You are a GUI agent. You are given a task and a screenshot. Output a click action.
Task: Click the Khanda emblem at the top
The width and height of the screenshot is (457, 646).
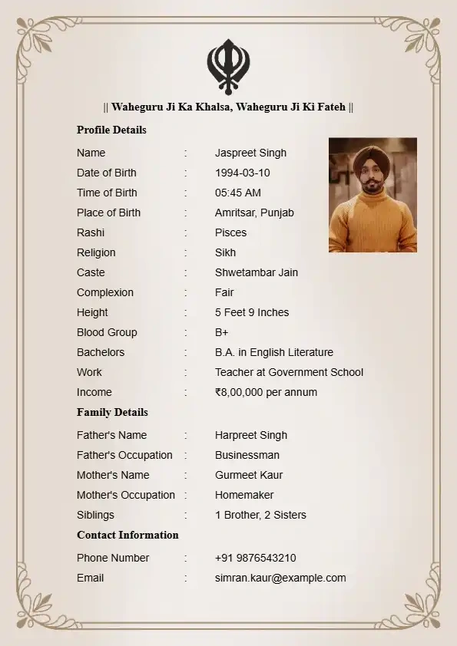click(x=228, y=66)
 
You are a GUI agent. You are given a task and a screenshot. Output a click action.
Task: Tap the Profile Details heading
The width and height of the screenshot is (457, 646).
click(x=111, y=130)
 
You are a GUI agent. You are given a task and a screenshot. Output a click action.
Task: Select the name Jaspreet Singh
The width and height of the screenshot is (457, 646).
click(x=250, y=153)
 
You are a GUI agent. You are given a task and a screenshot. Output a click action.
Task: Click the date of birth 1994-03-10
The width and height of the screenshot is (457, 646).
click(x=242, y=173)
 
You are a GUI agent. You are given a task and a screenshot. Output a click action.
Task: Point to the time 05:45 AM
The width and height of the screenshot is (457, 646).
click(x=237, y=193)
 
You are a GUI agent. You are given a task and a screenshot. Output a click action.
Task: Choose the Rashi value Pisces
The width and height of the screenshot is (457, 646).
click(x=230, y=232)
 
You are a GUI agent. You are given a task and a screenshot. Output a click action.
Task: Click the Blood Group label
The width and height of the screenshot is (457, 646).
click(x=107, y=332)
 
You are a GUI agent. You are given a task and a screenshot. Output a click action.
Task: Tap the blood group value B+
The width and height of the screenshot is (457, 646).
click(x=221, y=332)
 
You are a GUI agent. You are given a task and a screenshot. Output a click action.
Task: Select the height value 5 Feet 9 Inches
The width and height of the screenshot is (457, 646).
click(x=252, y=312)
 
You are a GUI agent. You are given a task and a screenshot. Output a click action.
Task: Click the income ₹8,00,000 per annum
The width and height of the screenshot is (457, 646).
click(x=266, y=392)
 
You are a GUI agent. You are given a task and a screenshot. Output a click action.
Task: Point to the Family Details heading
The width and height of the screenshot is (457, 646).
click(x=112, y=412)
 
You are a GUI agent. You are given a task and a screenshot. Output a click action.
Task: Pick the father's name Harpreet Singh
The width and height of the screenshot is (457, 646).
click(x=250, y=435)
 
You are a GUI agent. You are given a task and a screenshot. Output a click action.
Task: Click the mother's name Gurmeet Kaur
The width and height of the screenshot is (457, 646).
click(x=249, y=475)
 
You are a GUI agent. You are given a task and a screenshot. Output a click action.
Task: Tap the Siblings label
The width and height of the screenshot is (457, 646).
click(x=95, y=515)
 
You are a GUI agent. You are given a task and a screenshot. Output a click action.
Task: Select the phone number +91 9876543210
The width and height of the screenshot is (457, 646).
click(x=255, y=558)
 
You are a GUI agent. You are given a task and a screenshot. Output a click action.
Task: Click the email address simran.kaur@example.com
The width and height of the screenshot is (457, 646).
click(x=280, y=578)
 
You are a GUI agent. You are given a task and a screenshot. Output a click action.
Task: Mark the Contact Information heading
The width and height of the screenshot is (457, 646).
click(x=127, y=535)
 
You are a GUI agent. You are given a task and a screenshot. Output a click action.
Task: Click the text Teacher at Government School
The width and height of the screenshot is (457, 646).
click(x=289, y=372)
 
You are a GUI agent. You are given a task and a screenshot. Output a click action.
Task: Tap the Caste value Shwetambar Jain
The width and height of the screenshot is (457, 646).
click(x=256, y=272)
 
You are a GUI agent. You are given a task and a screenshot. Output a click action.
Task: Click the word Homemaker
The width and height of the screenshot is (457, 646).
click(x=244, y=495)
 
